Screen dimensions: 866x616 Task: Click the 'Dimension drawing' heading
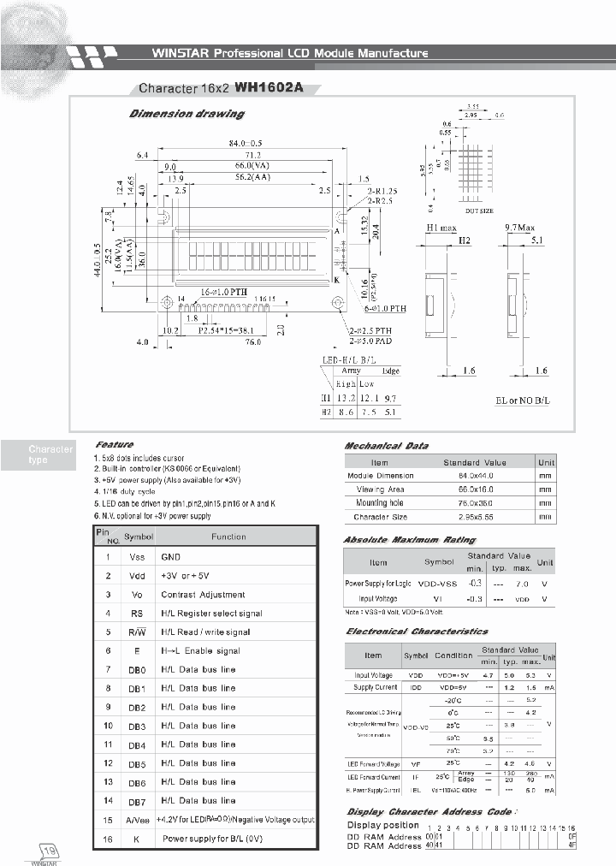point(186,114)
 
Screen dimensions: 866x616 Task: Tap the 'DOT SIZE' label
point(479,210)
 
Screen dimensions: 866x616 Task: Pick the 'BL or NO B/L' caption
point(524,400)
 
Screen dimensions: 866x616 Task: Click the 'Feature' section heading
point(115,445)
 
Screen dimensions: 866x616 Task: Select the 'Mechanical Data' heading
point(386,446)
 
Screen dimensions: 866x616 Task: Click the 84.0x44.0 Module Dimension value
point(475,476)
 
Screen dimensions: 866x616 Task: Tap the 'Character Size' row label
point(381,517)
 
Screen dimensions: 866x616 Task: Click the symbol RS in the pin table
point(136,613)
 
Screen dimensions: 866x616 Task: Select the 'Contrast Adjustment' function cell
point(203,594)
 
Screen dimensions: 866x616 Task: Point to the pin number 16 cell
point(108,839)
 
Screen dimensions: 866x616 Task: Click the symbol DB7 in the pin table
point(137,801)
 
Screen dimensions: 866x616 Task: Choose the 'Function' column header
point(228,537)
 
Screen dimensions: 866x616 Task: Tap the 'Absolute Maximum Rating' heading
point(409,540)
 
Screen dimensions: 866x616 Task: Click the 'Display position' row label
point(382,826)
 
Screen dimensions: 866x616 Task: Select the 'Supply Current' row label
point(374,688)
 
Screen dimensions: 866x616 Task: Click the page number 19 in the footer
point(50,851)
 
